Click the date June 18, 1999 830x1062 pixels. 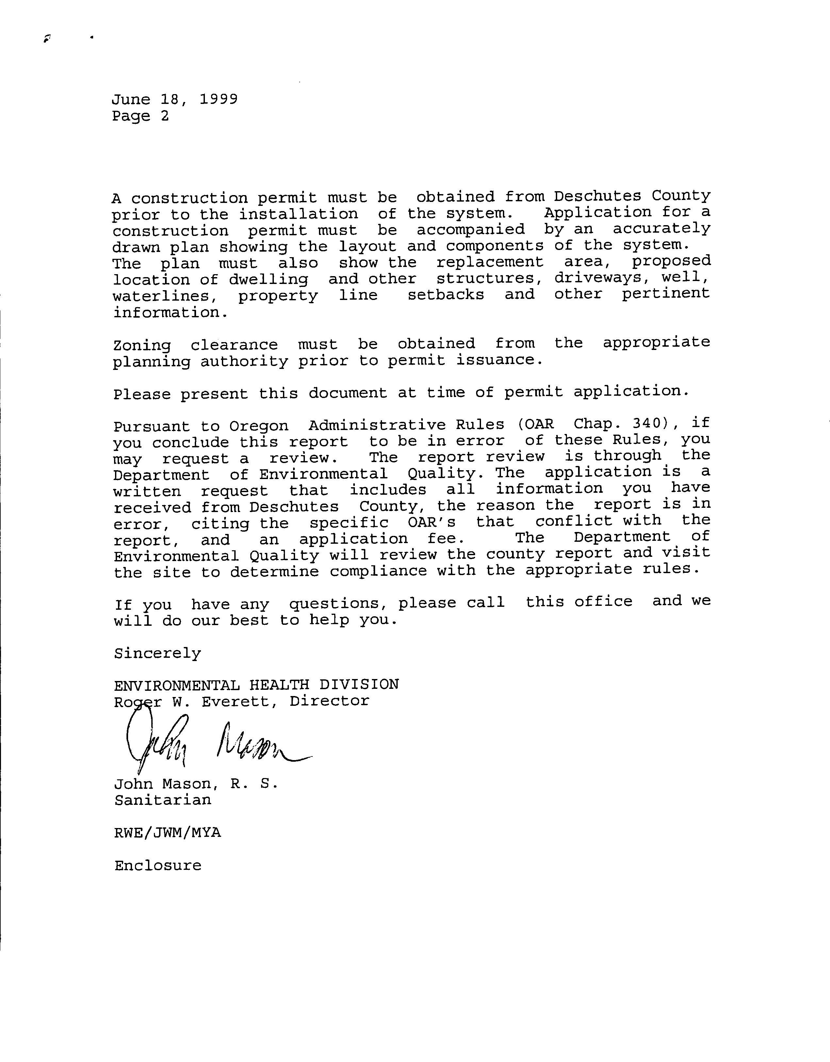(174, 99)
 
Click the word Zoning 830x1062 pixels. (142, 345)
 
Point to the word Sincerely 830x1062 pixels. (158, 654)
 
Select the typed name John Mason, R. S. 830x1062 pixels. (195, 784)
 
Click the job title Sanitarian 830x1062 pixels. (163, 800)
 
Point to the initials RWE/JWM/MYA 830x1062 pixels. (167, 833)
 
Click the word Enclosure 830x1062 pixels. (158, 866)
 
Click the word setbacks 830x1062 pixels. (445, 295)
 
